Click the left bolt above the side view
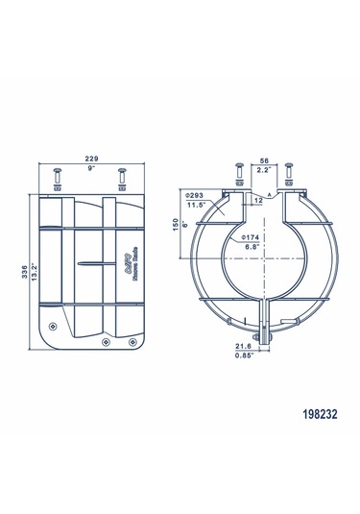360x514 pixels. click(x=55, y=180)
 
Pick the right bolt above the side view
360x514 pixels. click(x=120, y=180)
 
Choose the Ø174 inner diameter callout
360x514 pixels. click(x=252, y=236)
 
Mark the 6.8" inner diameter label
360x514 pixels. click(x=252, y=247)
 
